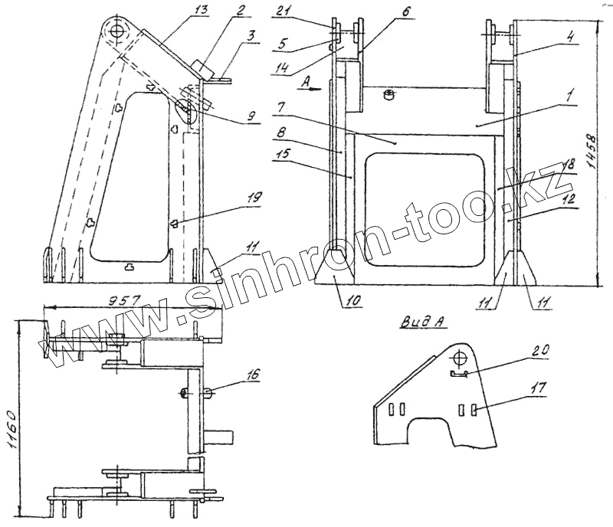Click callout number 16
(x=254, y=375)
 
